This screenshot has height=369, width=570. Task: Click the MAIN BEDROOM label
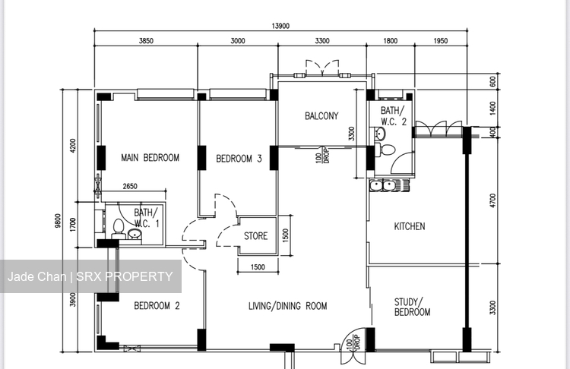pyautogui.click(x=150, y=158)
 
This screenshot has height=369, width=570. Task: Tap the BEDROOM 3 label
pyautogui.click(x=239, y=159)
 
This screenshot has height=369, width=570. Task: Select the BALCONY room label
pyautogui.click(x=321, y=116)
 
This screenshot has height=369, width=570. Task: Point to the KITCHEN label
pyautogui.click(x=409, y=226)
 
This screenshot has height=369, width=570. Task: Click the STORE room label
pyautogui.click(x=255, y=236)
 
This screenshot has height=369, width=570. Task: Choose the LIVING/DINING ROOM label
pyautogui.click(x=287, y=306)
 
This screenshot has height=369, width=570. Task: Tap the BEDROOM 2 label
pyautogui.click(x=157, y=306)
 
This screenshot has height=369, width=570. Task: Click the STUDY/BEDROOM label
pyautogui.click(x=412, y=307)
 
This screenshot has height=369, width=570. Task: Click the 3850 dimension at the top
pyautogui.click(x=146, y=42)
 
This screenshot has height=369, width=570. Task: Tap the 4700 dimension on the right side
pyautogui.click(x=492, y=200)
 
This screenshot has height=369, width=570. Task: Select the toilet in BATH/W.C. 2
pyautogui.click(x=388, y=149)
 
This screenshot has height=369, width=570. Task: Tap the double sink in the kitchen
pyautogui.click(x=382, y=184)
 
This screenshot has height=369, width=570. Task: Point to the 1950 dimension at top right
pyautogui.click(x=441, y=42)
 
